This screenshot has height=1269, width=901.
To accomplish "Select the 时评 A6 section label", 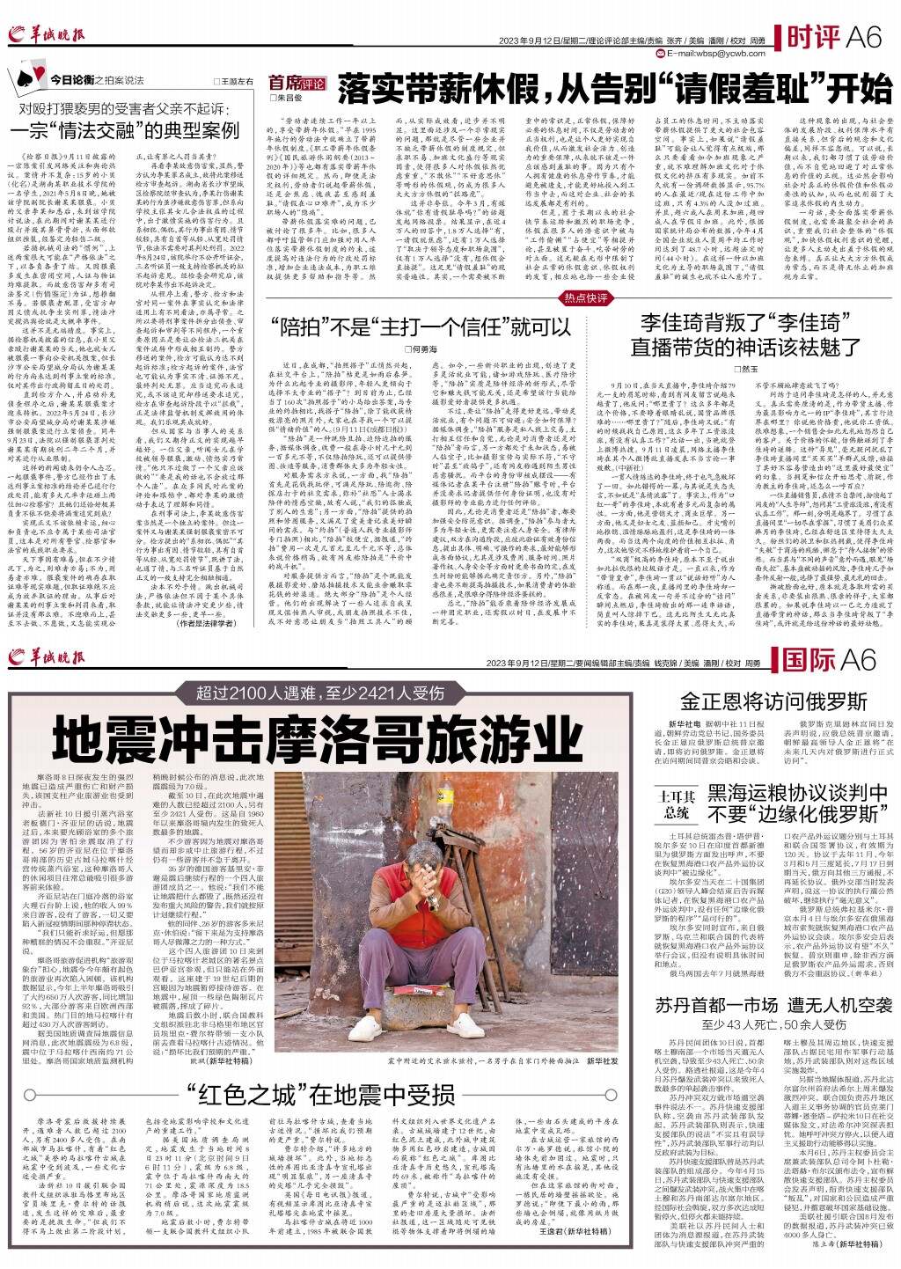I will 833,36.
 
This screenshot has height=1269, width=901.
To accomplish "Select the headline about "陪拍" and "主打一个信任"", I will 421,326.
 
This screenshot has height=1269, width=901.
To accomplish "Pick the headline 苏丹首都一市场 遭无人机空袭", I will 762,1007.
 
